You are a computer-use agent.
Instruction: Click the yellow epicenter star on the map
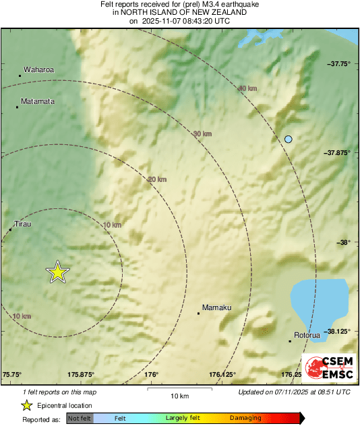coord(58,272)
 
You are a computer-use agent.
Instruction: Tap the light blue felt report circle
coord(289,139)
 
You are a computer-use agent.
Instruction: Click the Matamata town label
coord(38,101)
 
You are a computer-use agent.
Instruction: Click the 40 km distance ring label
coord(247,88)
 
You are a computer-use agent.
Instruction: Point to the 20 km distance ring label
coord(157,179)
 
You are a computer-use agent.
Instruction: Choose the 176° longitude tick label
coord(150,375)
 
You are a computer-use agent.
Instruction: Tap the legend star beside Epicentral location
coord(26,405)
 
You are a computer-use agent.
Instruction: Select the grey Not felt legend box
coord(80,418)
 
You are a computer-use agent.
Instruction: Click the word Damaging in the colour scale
coord(245,418)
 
